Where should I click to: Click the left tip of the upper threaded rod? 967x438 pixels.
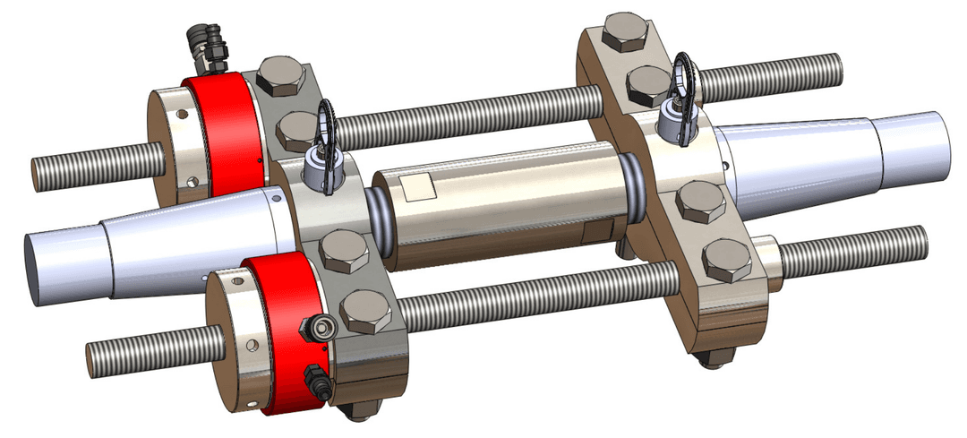[x=37, y=174]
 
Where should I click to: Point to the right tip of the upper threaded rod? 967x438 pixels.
[x=837, y=68]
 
